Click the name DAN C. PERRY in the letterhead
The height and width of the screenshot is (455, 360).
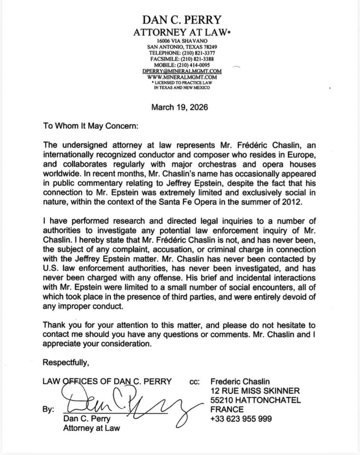tap(180, 20)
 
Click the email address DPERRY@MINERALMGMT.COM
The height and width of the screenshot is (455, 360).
tap(180, 71)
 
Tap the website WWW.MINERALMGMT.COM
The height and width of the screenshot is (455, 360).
tap(180, 76)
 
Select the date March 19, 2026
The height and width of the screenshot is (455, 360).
tap(180, 107)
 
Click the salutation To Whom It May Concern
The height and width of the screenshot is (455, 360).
tap(91, 126)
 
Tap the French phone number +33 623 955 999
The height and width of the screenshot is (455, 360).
tap(241, 419)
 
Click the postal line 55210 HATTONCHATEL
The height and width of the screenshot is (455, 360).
tap(256, 400)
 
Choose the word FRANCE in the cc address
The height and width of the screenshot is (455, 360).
tap(226, 409)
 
